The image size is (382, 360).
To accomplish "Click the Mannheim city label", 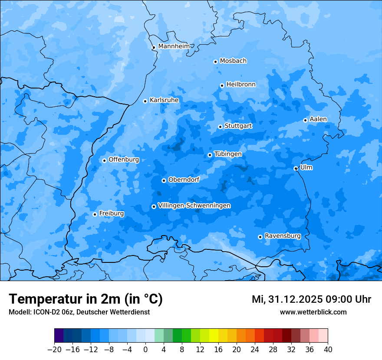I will click(x=174, y=46).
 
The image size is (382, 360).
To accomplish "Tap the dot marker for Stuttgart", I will click(x=220, y=127).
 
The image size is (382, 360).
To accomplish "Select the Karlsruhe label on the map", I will click(x=164, y=100).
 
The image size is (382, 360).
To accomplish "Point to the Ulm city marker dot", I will click(x=296, y=168).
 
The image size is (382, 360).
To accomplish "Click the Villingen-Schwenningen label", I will click(x=194, y=206).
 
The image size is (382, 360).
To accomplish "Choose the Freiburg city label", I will click(x=111, y=213).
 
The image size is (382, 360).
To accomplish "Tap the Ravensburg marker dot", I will click(x=260, y=237).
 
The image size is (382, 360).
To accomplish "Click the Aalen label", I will click(x=318, y=119).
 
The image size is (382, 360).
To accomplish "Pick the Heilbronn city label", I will click(x=241, y=85).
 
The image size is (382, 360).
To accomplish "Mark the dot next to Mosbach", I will click(x=215, y=62).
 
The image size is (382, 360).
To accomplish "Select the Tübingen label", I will click(x=227, y=154).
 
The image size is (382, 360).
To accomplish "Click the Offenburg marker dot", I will click(x=104, y=160).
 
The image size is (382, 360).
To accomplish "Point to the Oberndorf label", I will click(x=184, y=180).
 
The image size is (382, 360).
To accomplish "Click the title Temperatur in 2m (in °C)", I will click(x=86, y=299).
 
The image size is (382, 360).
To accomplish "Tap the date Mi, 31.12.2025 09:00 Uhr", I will click(x=311, y=299).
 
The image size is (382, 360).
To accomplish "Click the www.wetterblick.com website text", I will click(x=313, y=312).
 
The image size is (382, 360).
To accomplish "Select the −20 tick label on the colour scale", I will click(x=54, y=350).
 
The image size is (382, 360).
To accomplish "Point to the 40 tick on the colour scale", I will click(x=328, y=350).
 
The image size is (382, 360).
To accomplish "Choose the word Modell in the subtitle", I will click(x=19, y=312).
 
